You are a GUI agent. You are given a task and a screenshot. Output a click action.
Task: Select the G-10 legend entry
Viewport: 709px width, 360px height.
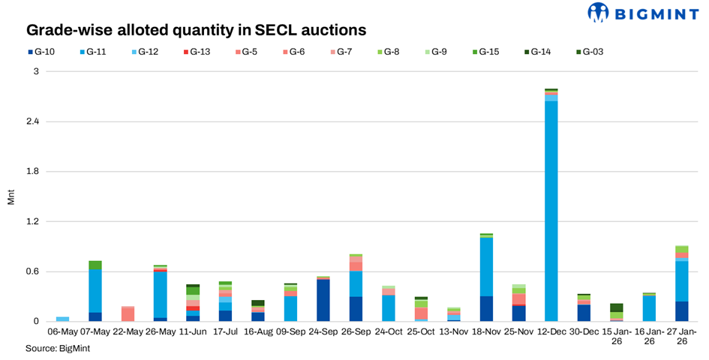tap(42, 52)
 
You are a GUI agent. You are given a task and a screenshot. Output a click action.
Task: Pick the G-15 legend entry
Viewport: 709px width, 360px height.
tap(488, 52)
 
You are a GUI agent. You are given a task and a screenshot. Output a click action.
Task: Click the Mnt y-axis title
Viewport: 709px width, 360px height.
tap(11, 196)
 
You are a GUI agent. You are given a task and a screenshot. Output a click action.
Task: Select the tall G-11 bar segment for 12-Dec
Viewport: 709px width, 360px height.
tap(551, 210)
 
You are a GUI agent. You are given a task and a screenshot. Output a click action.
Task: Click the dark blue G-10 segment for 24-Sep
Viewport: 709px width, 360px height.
tap(323, 301)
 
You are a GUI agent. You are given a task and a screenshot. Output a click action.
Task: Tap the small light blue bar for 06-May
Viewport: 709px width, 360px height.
tap(62, 319)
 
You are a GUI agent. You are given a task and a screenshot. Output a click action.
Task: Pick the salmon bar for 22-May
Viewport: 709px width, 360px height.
tap(128, 314)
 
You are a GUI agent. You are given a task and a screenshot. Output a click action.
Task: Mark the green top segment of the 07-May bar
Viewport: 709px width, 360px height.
tap(95, 265)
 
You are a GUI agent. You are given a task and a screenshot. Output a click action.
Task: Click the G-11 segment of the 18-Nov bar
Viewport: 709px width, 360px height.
tap(486, 267)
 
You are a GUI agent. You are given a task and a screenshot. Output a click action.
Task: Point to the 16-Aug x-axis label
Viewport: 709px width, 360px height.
tap(257, 331)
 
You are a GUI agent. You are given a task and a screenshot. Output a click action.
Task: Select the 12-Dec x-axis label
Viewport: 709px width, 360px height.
tap(551, 331)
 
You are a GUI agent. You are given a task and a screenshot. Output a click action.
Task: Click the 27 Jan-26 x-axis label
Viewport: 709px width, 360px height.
tap(681, 335)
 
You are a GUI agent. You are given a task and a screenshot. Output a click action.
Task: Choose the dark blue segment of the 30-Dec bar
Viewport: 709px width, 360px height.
tap(584, 313)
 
